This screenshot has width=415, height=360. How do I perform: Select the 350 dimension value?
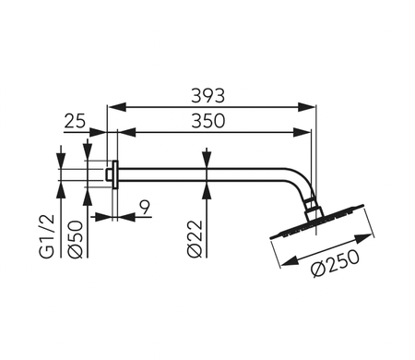(x=211, y=121)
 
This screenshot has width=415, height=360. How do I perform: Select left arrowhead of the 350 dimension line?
(x=121, y=134)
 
